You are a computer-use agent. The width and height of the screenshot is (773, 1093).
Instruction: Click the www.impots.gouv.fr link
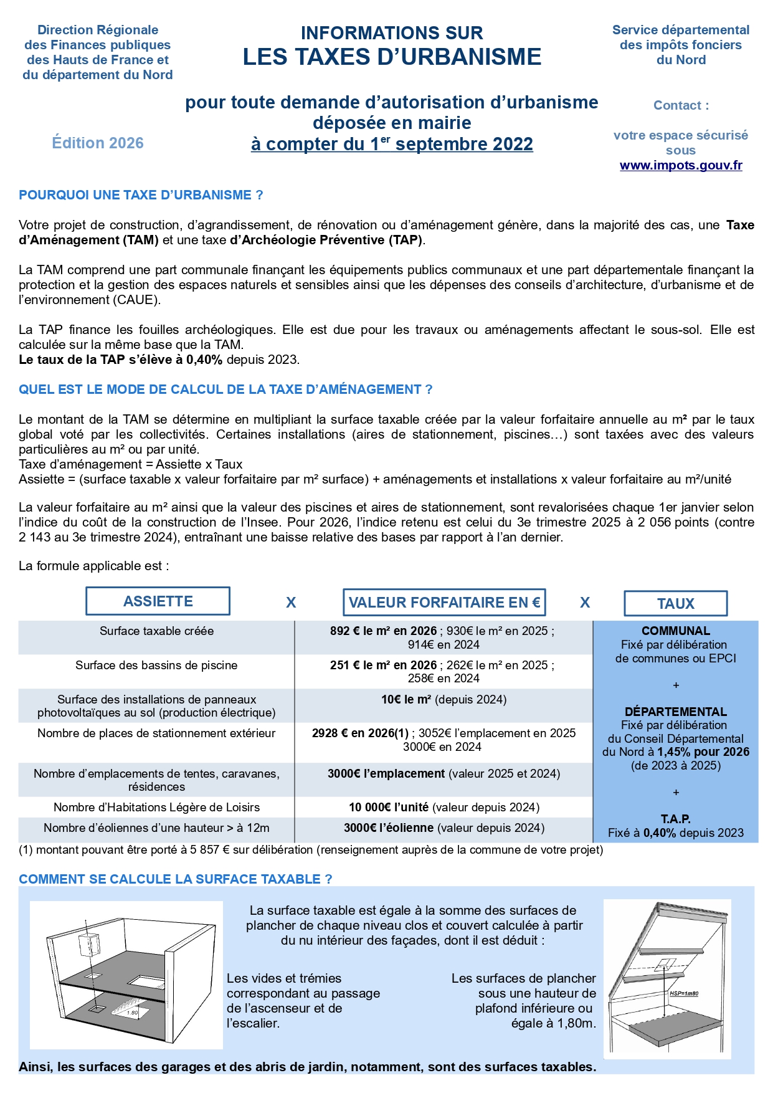coord(680,165)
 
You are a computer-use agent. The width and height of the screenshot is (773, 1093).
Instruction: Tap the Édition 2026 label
coord(98,143)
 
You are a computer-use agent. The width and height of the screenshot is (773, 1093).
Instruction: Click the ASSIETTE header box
coord(158,601)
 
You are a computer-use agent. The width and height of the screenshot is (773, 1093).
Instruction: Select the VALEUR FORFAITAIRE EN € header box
coord(444,603)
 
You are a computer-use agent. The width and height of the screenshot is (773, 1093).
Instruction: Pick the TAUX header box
coord(675,603)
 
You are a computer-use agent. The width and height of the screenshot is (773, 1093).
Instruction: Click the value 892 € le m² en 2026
coord(383,631)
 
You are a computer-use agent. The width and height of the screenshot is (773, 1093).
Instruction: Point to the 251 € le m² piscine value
coord(383,665)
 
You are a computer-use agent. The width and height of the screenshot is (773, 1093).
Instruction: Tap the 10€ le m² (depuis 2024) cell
coord(443,699)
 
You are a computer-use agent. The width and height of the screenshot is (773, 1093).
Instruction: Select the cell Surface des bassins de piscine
coord(156,665)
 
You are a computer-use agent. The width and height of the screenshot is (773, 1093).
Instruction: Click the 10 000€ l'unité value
coord(389,807)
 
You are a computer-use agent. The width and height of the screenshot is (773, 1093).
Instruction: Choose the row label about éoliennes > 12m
coord(156,828)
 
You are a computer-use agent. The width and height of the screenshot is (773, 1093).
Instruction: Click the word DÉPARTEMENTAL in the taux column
coord(675,712)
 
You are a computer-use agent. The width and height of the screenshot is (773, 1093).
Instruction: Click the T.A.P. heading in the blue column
coord(675,819)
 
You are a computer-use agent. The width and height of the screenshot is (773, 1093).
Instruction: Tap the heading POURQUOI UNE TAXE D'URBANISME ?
coord(141,195)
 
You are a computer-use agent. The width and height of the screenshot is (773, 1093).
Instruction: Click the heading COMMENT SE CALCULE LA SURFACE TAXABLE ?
coord(175,879)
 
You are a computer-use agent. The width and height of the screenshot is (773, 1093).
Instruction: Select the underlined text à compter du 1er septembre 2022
coord(392,144)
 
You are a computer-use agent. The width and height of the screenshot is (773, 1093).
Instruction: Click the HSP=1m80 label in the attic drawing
coord(683,993)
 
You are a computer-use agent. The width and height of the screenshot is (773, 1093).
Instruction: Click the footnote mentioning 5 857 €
coord(311,849)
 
